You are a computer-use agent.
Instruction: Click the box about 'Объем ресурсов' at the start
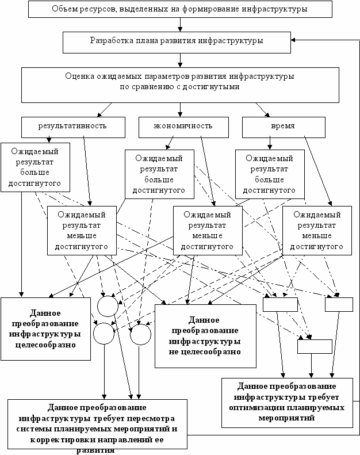pyautogui.click(x=180, y=9)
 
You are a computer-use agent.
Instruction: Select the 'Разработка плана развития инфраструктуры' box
pyautogui.click(x=177, y=43)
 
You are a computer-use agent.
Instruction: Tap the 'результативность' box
pyautogui.click(x=73, y=127)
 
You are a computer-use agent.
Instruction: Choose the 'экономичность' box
pyautogui.click(x=183, y=127)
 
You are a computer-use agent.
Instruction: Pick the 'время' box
pyautogui.click(x=284, y=127)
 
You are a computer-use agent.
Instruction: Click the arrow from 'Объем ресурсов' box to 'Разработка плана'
pyautogui.click(x=180, y=25)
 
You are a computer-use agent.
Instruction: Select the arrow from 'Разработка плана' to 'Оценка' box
pyautogui.click(x=180, y=60)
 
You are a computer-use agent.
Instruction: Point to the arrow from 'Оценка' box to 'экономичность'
pyautogui.click(x=180, y=110)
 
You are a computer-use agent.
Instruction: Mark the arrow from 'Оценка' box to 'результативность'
pyautogui.click(x=105, y=110)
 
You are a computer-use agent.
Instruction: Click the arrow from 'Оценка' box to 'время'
pyautogui.click(x=263, y=110)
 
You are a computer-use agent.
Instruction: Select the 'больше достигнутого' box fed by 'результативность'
pyautogui.click(x=36, y=167)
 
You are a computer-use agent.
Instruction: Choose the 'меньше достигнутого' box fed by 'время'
pyautogui.click(x=317, y=231)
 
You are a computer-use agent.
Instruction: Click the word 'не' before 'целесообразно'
pyautogui.click(x=174, y=352)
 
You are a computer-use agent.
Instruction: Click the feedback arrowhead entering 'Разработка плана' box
pyautogui.click(x=293, y=40)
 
